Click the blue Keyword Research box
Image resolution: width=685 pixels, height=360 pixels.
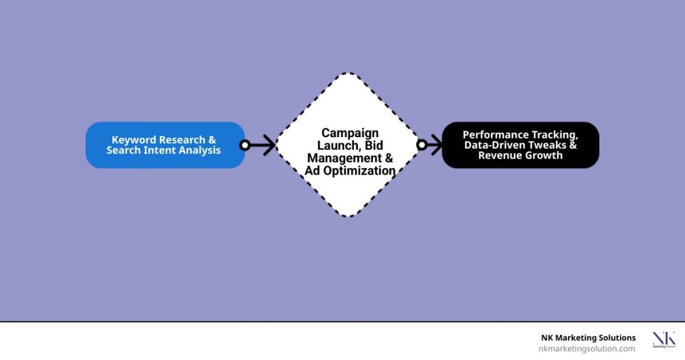pos(165,145)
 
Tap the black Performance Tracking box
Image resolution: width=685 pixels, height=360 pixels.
pos(520,145)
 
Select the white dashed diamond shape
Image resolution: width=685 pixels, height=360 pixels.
pos(348,145)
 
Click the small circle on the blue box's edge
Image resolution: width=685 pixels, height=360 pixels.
pos(245,145)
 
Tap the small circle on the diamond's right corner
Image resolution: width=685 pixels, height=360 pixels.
pos(421,145)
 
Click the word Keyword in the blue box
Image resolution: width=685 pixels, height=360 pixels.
pos(130,141)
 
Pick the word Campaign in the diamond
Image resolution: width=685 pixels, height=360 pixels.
pos(350,132)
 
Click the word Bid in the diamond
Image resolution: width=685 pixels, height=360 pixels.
pos(374,145)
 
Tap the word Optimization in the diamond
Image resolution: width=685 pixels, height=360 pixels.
pos(359,171)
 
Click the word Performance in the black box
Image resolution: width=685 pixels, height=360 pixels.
pos(490,135)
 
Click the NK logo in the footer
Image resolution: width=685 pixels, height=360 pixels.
pos(664,339)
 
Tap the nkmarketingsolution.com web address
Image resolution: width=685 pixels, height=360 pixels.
pos(587,349)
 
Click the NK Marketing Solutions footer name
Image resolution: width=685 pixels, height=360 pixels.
pos(589,338)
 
